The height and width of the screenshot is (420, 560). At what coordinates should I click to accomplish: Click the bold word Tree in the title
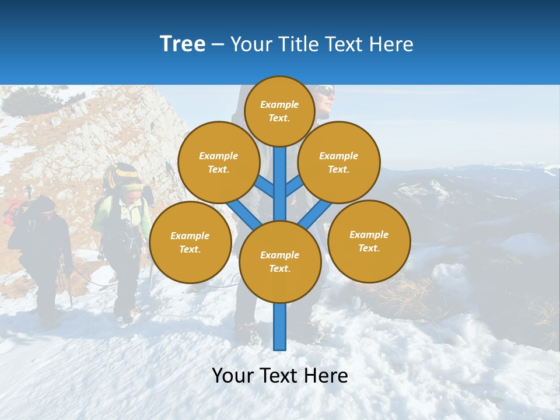(183, 44)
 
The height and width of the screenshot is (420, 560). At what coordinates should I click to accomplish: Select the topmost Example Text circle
(279, 111)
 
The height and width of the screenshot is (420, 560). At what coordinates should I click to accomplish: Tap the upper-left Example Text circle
(218, 162)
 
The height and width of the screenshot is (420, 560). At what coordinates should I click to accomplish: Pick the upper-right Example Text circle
(338, 162)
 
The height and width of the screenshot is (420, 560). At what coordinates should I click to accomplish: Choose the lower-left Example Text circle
(190, 242)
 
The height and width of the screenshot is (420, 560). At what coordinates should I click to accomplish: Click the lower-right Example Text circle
(369, 241)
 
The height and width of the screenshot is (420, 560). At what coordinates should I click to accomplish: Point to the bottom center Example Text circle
(279, 261)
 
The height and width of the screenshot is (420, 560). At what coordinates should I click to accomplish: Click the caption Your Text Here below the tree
(279, 376)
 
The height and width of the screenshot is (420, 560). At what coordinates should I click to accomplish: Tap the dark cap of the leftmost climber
(42, 204)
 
